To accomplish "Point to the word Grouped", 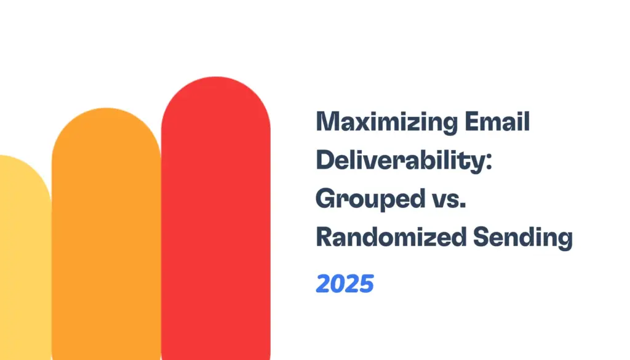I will [364, 199].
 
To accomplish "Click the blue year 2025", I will [345, 284].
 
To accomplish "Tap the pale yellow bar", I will [22, 265].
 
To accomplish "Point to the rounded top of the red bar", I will [215, 92].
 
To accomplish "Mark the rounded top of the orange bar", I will [106, 123].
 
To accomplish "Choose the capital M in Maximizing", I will [327, 123].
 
